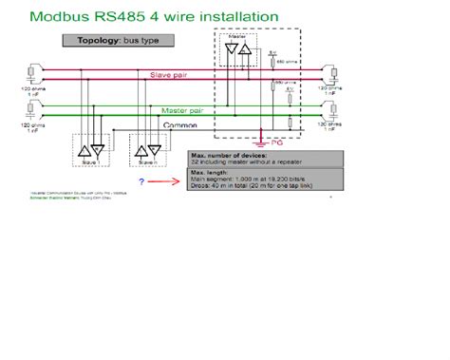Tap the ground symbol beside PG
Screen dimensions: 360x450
[260, 142]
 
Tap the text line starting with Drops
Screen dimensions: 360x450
[253, 186]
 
